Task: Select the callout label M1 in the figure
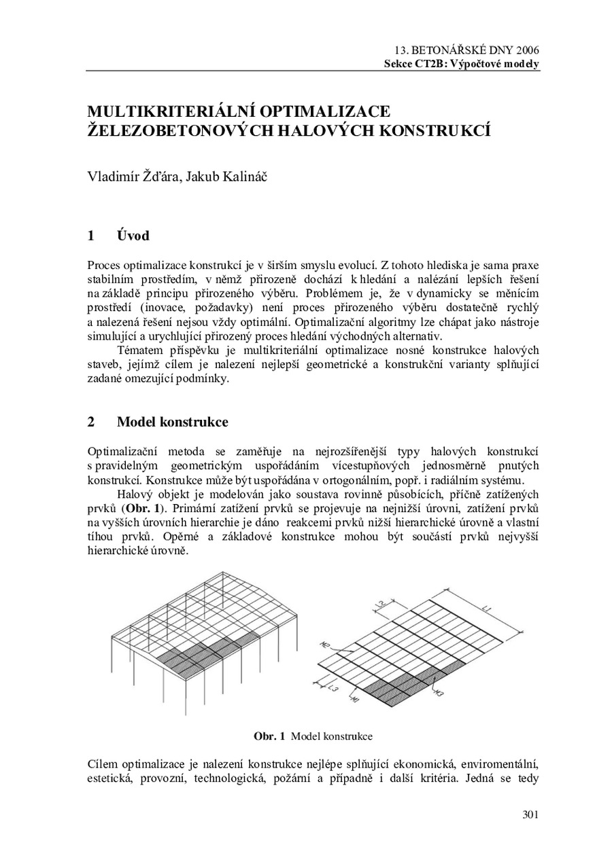(354, 700)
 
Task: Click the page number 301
(530, 815)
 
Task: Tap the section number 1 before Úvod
(91, 236)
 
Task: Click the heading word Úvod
(133, 236)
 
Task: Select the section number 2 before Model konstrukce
(91, 422)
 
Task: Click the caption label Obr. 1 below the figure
(269, 736)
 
